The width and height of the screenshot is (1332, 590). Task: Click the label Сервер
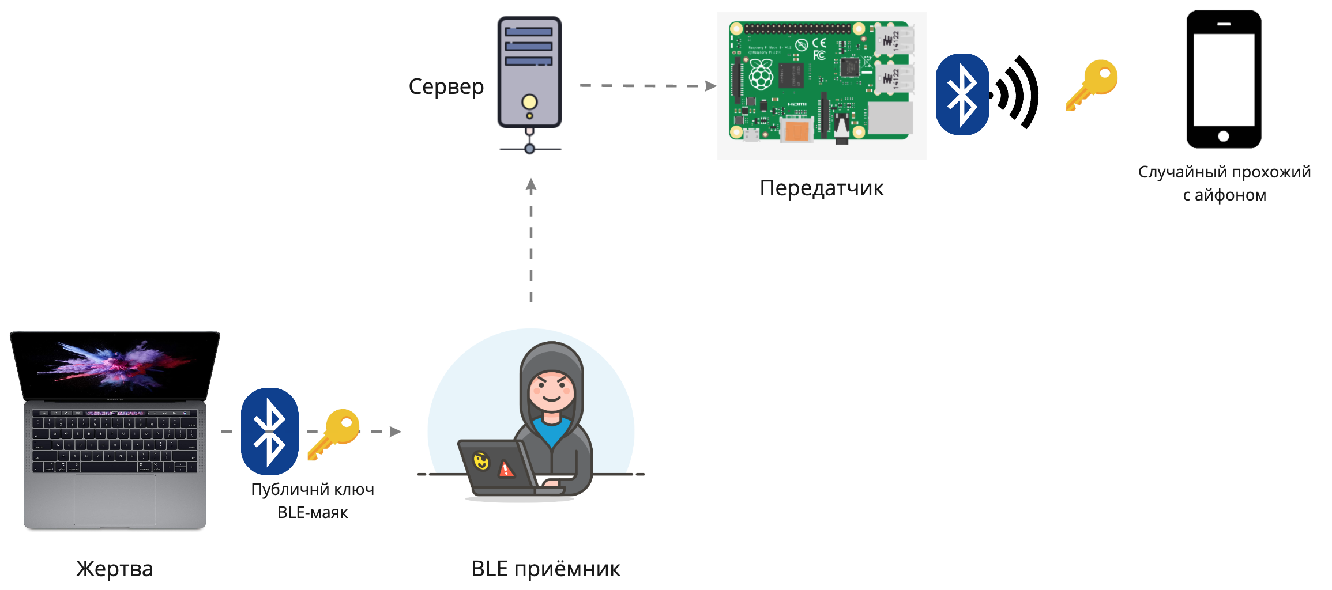click(446, 87)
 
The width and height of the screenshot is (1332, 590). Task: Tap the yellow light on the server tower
click(529, 102)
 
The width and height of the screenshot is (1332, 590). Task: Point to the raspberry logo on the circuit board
click(761, 75)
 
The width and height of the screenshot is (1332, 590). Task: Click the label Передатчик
click(821, 188)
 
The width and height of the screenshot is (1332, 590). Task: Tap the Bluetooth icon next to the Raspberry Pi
click(962, 94)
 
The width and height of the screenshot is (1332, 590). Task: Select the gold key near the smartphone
click(1092, 84)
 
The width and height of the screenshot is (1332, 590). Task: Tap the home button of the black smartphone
click(1224, 137)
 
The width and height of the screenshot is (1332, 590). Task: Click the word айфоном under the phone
click(1231, 195)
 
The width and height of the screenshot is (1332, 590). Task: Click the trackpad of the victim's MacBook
click(115, 499)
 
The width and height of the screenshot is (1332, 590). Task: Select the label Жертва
click(114, 569)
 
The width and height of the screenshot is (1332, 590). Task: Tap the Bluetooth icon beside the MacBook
click(269, 431)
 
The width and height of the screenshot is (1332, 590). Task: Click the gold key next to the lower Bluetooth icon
click(334, 433)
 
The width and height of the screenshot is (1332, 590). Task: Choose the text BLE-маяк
click(313, 512)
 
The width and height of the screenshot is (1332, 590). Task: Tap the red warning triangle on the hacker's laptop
click(506, 469)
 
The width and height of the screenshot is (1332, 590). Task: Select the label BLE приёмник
click(545, 569)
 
